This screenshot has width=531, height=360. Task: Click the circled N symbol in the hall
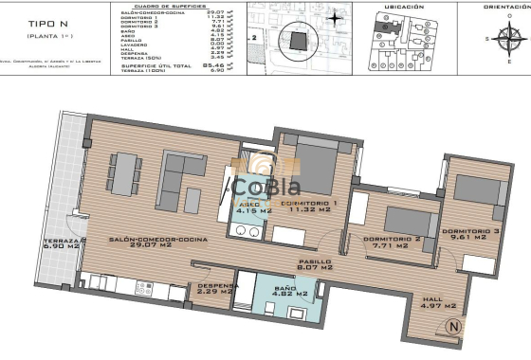click(453, 328)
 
